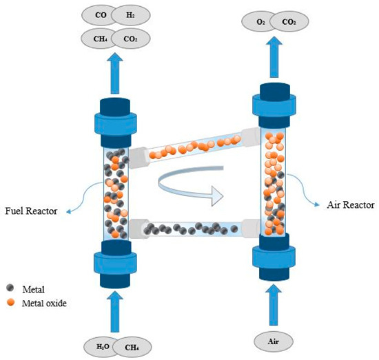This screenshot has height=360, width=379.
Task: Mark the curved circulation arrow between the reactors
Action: point(187,188)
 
